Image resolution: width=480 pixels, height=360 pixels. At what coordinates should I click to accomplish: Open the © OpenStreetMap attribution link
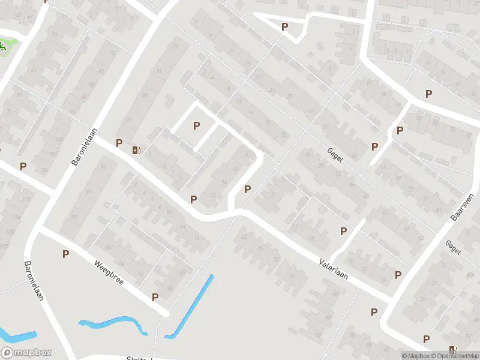454,356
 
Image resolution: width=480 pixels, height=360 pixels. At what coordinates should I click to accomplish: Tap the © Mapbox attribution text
415,356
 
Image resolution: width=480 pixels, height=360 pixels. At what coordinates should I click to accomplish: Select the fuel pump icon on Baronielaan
137,151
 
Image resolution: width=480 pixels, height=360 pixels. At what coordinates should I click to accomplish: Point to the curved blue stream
114,323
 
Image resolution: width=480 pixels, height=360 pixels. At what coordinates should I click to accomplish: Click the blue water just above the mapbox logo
18,337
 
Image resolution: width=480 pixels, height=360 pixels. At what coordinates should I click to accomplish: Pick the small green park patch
5,46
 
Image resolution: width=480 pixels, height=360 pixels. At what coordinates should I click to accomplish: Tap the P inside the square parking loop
196,125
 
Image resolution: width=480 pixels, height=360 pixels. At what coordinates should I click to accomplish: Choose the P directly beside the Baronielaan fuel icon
119,143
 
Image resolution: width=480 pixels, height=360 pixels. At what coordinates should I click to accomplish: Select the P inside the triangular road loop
284,26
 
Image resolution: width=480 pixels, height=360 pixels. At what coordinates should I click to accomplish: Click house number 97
89,192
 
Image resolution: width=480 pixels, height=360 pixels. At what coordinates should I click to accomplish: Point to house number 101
74,217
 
